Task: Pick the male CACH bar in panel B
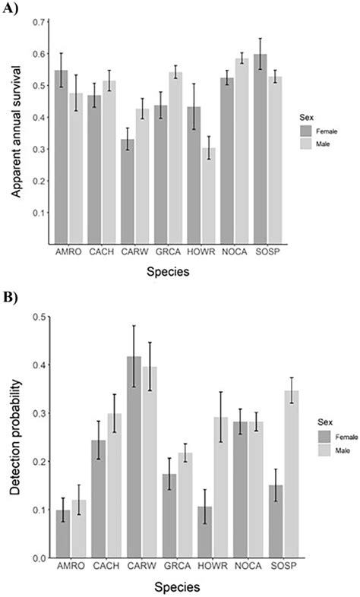(x=115, y=485)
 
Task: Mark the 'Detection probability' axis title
(x=15, y=437)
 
